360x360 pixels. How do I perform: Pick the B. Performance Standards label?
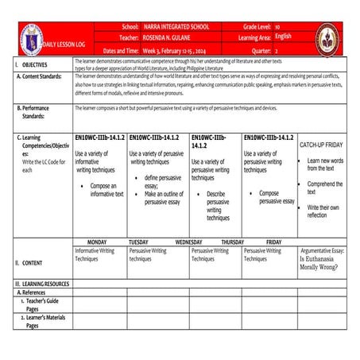(41, 110)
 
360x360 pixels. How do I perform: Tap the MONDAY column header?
(96, 242)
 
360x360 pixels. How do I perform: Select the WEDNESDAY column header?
(188, 242)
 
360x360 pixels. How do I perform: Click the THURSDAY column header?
(232, 242)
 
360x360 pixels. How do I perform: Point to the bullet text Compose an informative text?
(106, 189)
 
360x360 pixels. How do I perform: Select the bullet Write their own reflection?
(324, 211)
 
